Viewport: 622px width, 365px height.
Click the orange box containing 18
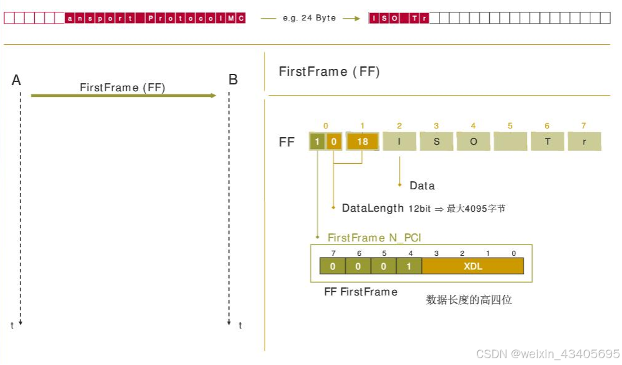(363, 142)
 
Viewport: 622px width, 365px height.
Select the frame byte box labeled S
(436, 142)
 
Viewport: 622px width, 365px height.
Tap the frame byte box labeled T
(548, 142)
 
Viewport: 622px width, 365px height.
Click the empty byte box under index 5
(510, 142)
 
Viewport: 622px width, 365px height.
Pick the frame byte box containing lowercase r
(584, 142)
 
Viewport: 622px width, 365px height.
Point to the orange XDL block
(472, 266)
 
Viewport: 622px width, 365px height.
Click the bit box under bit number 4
(409, 266)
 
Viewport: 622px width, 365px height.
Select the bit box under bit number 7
(332, 266)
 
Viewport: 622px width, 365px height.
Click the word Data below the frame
(422, 186)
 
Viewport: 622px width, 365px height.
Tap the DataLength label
(372, 208)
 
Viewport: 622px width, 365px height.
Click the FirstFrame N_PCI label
(374, 238)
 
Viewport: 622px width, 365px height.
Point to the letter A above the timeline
(17, 80)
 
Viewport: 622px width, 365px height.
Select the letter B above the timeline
(233, 80)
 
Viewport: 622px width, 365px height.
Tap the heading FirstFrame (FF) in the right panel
(329, 71)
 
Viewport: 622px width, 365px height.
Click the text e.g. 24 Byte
(309, 18)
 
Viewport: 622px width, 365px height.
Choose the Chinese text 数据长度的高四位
(469, 300)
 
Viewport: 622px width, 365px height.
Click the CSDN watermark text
(547, 353)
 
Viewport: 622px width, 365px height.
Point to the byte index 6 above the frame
(547, 126)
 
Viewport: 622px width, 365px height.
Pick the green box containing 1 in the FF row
(317, 142)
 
